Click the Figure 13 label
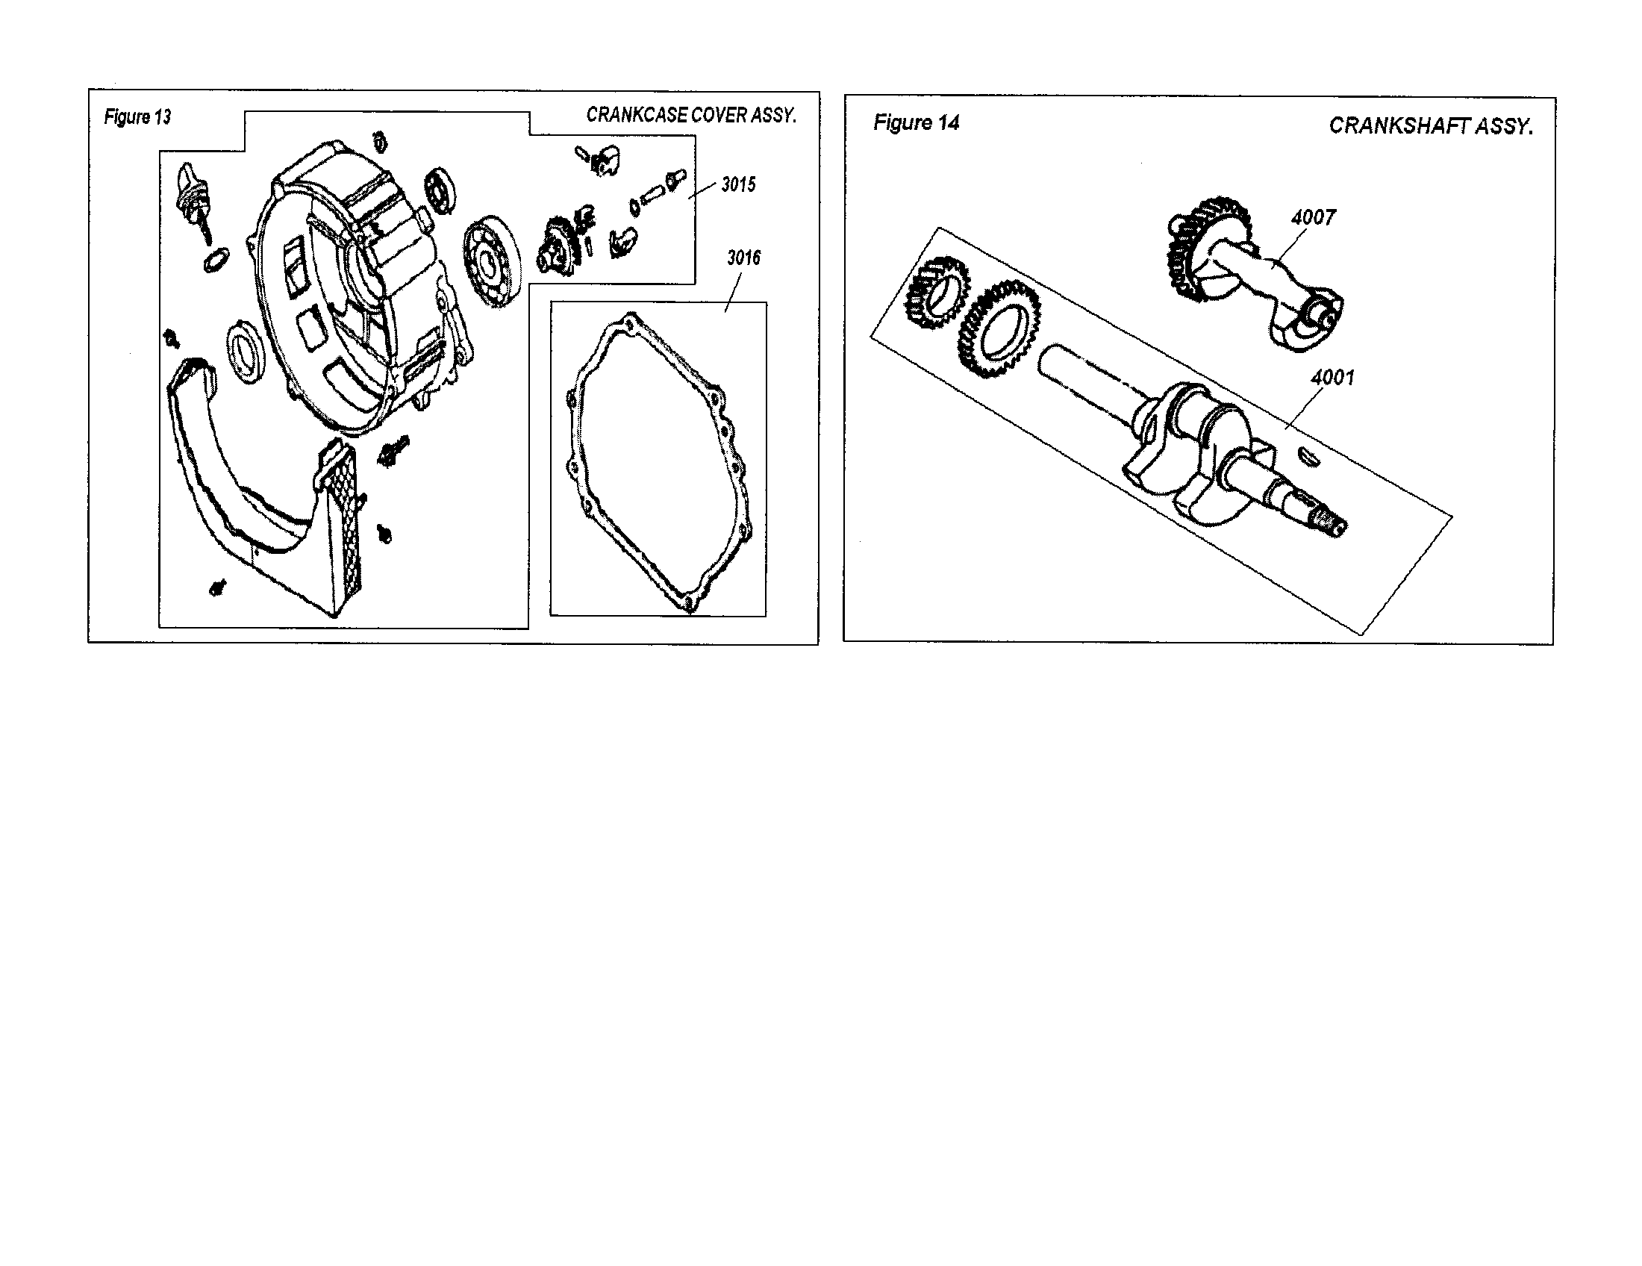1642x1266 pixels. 137,117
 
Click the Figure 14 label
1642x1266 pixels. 916,123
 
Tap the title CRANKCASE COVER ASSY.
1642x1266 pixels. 690,115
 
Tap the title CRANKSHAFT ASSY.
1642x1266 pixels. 1430,125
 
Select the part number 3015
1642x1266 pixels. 738,185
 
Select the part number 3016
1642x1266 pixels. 743,258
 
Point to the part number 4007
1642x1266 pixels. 1313,218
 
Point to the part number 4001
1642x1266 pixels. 1332,377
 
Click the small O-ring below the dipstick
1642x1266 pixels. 214,260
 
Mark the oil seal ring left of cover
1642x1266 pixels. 245,352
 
